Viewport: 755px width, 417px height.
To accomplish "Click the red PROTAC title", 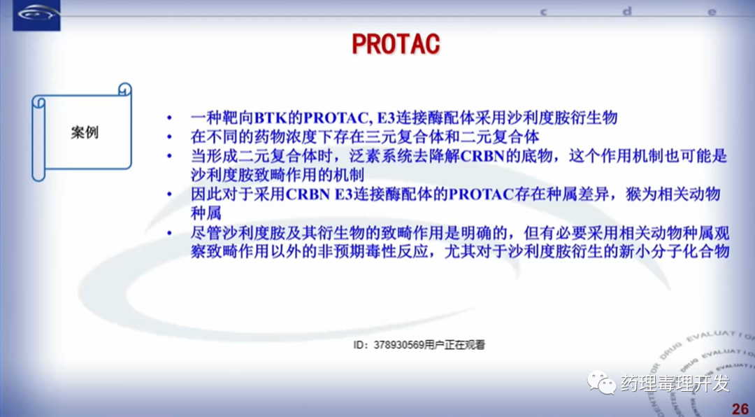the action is (396, 44).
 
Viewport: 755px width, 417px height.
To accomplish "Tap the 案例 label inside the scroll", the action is (85, 132).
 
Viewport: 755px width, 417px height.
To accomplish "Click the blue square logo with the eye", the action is (36, 15).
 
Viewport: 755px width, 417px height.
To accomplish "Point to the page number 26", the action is (740, 409).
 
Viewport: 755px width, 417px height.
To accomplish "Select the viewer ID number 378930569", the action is (398, 345).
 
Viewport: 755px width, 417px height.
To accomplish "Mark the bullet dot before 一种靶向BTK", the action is (169, 118).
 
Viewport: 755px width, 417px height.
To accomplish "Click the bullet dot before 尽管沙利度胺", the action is (169, 233).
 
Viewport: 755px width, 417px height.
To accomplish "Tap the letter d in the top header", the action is (626, 12).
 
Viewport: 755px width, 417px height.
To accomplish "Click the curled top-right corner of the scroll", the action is (124, 90).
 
